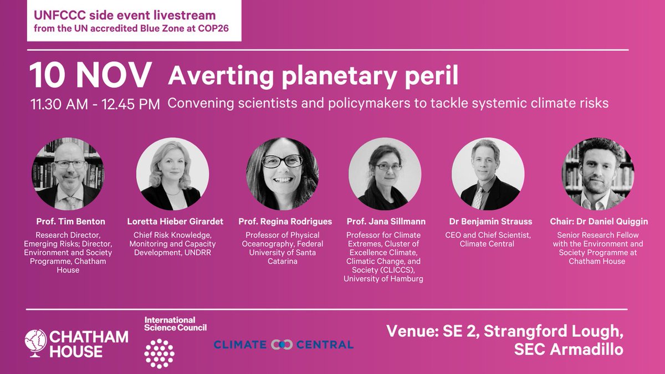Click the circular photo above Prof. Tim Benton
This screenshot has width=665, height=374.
point(68,173)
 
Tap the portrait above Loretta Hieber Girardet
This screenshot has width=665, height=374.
point(173,173)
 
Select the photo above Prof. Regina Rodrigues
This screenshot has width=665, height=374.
point(283,173)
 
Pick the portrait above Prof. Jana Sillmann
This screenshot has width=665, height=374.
point(385,173)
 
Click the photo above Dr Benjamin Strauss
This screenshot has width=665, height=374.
point(488,173)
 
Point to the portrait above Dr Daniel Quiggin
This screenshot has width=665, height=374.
point(598,173)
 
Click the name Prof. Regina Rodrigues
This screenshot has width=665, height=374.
point(285,222)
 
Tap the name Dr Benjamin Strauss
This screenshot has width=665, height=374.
point(490,222)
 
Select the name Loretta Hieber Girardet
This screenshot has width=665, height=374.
point(175,222)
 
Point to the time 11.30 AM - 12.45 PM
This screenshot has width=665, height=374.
point(95,104)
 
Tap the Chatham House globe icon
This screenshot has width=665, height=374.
point(36,343)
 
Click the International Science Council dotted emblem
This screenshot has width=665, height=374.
point(160,353)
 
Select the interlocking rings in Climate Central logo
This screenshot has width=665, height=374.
point(282,345)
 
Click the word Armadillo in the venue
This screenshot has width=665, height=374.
point(587,349)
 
